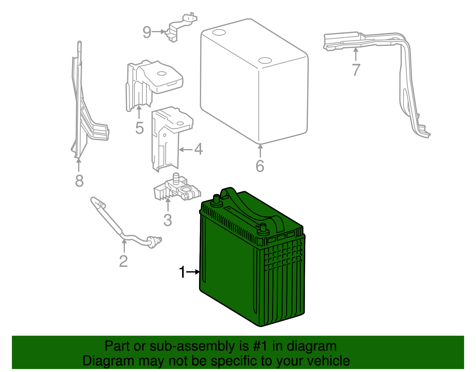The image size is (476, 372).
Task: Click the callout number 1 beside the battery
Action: (x=182, y=272)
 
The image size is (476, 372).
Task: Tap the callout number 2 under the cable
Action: (x=123, y=261)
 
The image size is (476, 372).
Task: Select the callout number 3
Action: (x=168, y=220)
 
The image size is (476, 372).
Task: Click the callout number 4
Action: (x=199, y=149)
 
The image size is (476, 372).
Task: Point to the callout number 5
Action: (x=139, y=128)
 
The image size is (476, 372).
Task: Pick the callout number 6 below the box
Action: (x=260, y=166)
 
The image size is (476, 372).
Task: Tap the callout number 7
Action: (x=356, y=70)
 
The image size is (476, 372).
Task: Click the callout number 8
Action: (x=79, y=180)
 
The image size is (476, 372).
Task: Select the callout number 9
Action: (x=147, y=32)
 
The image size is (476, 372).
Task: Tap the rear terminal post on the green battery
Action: (x=216, y=200)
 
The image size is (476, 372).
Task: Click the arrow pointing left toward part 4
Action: (x=186, y=149)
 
